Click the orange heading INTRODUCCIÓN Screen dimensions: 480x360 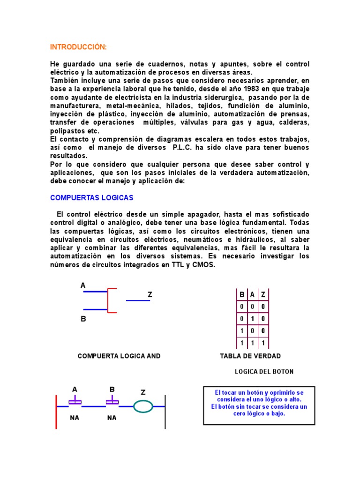coord(78,47)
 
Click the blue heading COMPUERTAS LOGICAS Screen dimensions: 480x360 coord(92,197)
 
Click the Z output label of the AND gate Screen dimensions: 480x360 coord(150,294)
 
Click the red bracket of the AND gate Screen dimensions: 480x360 coord(109,300)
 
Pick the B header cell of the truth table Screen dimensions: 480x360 coord(242,295)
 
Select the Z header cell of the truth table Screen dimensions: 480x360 coord(263,295)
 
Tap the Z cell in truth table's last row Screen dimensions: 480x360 coord(263,343)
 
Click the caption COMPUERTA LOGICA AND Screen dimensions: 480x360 coord(119,356)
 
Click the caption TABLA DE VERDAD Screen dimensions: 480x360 coord(250,356)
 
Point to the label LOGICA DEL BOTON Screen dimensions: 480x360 coord(264,372)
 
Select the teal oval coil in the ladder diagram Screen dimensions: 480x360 coord(143,406)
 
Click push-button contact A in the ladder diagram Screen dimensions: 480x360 coord(75,402)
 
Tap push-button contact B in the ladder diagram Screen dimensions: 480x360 coord(112,402)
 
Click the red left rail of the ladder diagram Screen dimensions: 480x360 coord(56,412)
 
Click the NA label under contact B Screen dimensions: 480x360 coord(112,418)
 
